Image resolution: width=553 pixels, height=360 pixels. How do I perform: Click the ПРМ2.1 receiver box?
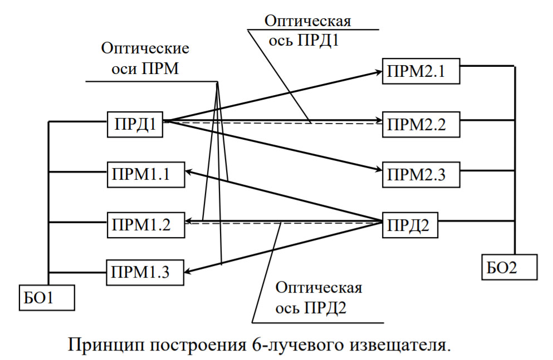pos(420,71)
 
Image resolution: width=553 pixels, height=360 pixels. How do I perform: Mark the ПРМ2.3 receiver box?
pos(420,174)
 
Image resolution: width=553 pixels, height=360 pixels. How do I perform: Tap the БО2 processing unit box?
pos(509,267)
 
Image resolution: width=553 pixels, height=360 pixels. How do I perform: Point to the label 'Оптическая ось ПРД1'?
pos(307,31)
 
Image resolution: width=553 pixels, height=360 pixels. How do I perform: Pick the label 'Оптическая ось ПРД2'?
pos(319,298)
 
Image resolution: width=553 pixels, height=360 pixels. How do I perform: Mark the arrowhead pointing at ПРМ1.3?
pos(191,272)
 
